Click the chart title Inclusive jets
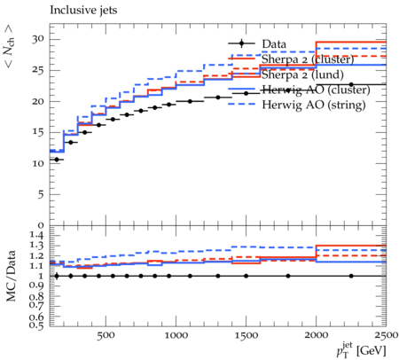(83, 11)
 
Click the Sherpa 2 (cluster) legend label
(308, 59)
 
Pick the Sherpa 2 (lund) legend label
(302, 74)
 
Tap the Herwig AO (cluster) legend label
(316, 90)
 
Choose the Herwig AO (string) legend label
(314, 105)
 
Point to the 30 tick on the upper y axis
(38, 39)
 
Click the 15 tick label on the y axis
(38, 132)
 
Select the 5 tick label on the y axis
(41, 194)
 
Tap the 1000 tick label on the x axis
(176, 335)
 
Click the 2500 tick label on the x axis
(387, 335)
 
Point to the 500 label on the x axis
(106, 335)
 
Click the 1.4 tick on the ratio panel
(37, 236)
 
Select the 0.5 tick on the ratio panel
(37, 325)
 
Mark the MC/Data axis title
(11, 276)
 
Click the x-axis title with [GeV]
(361, 350)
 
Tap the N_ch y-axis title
(9, 47)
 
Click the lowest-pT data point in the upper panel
(57, 160)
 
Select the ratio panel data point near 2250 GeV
(351, 276)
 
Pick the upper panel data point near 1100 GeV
(190, 101)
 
